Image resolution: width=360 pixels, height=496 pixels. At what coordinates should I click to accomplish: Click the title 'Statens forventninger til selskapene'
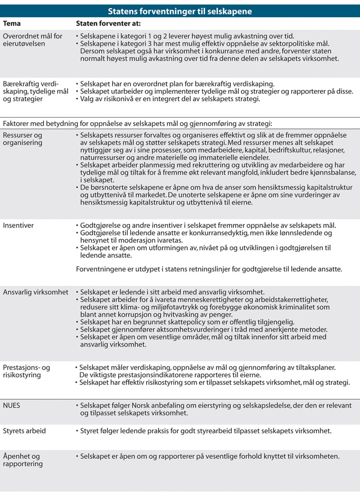click(x=180, y=10)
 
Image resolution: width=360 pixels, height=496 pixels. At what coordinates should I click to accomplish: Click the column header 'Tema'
click(x=12, y=23)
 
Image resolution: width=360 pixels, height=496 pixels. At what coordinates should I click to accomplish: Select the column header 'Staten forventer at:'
click(x=109, y=23)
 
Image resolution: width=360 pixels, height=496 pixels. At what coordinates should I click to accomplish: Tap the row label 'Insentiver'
click(x=18, y=225)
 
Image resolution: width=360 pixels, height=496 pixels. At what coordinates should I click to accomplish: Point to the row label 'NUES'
click(x=12, y=405)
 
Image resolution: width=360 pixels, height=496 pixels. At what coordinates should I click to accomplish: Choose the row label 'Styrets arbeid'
click(x=24, y=431)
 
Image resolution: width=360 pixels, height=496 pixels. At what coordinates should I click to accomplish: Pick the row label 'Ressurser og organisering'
click(x=23, y=139)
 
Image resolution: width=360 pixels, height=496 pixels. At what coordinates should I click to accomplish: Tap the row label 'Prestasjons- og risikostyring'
click(x=26, y=371)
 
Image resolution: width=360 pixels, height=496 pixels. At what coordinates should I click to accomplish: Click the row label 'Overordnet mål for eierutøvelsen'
click(x=32, y=40)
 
